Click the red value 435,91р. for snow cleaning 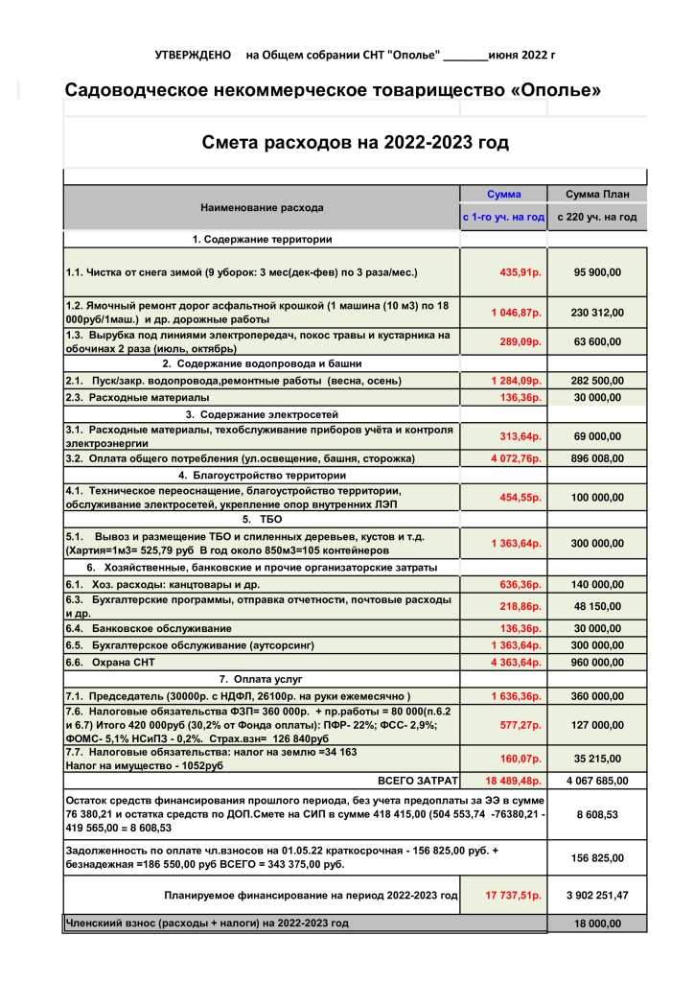point(520,272)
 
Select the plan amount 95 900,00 point(597,272)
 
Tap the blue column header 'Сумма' point(503,194)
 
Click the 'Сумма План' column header point(597,194)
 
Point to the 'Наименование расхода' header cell point(262,207)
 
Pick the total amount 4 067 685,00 point(597,780)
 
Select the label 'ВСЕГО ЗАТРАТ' point(418,780)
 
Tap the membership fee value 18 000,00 point(597,924)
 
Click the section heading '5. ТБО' point(261,519)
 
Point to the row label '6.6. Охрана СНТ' point(109,663)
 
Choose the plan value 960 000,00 point(597,663)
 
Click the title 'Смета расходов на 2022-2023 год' point(355,143)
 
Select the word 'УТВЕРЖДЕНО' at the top point(193,56)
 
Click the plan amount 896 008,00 point(597,459)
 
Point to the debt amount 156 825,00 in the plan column point(597,857)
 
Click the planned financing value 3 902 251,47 point(597,896)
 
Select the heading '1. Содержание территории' point(262,239)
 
